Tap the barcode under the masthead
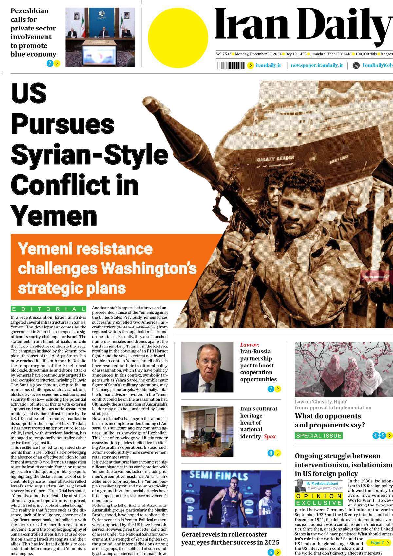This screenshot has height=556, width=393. tap(231, 65)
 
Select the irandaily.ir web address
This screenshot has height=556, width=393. tap(269, 65)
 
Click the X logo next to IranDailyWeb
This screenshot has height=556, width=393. tap(356, 65)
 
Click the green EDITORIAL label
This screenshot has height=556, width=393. tap(48, 309)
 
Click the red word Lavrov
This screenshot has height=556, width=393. tap(250, 345)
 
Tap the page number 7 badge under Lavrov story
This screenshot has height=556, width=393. tap(271, 389)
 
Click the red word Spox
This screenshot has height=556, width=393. tap(270, 436)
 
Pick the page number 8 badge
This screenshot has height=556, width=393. tap(271, 453)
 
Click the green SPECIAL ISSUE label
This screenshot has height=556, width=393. tap(319, 436)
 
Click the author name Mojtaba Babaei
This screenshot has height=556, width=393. tap(325, 483)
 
